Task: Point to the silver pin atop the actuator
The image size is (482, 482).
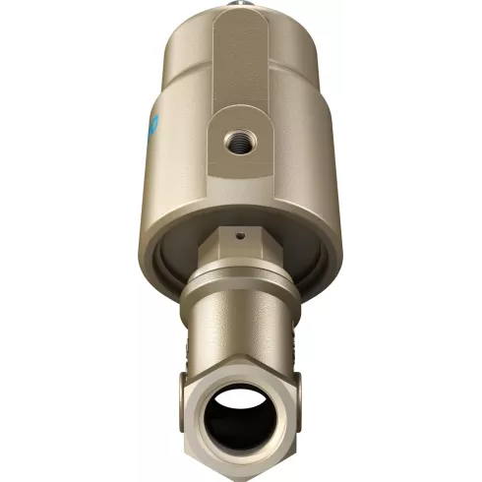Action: coord(242,4)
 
